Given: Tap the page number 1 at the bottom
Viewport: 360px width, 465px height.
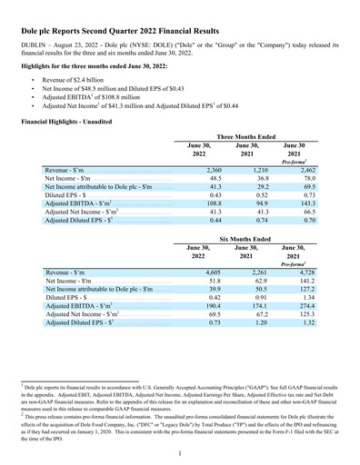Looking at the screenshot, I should [x=181, y=452].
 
